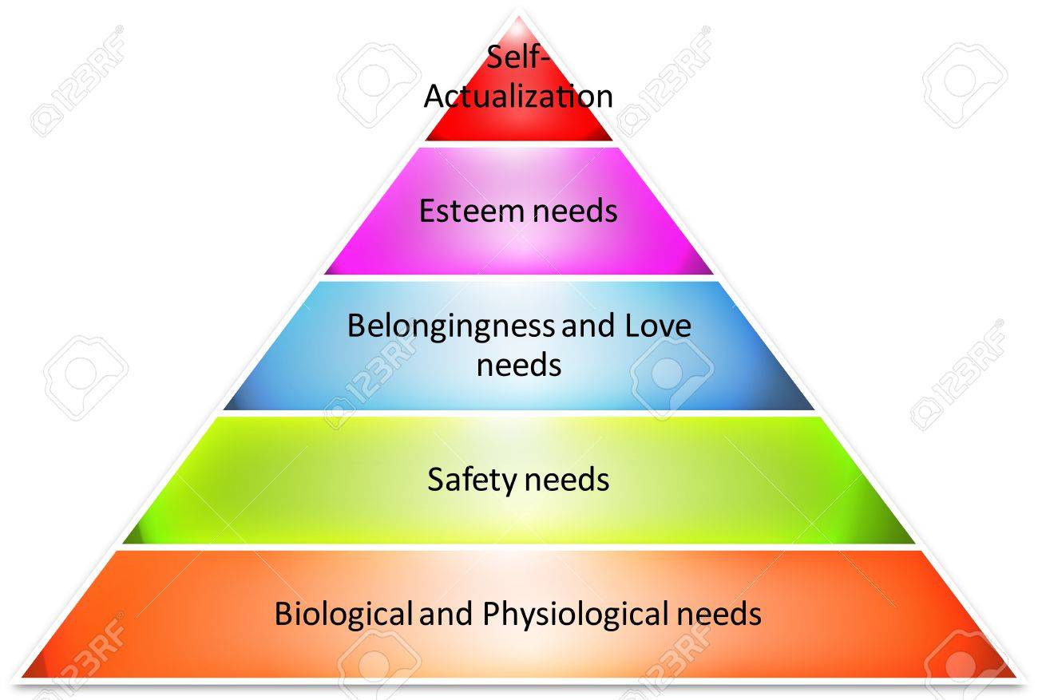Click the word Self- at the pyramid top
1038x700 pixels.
517,57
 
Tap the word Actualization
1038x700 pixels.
518,97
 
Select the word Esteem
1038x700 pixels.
472,211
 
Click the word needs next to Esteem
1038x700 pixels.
575,211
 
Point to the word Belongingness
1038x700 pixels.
450,327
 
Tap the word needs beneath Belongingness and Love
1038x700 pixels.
519,365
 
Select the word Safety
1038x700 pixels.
472,481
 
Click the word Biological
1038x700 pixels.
343,615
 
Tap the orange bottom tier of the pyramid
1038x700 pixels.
518,649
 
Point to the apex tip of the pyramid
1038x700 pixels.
518,17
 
